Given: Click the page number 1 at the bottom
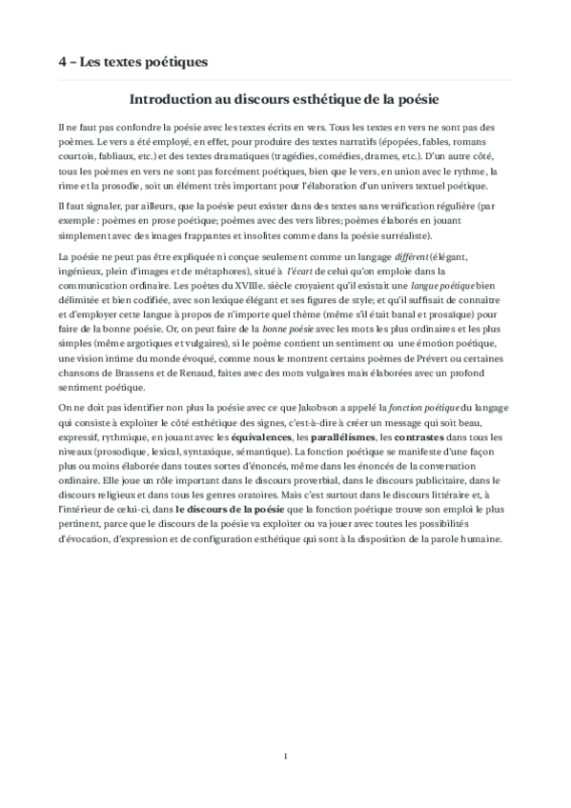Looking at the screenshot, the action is click(x=285, y=756).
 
